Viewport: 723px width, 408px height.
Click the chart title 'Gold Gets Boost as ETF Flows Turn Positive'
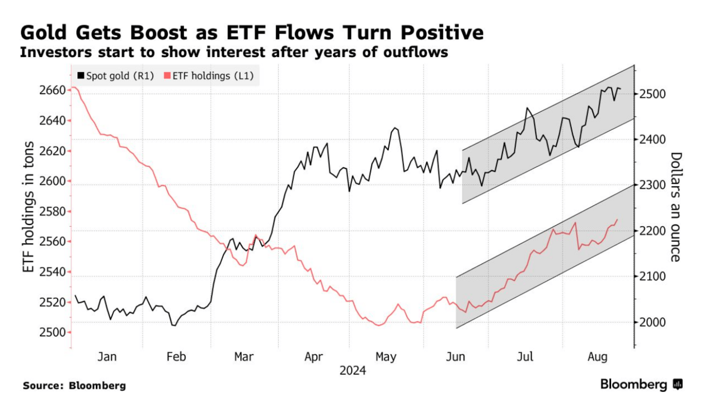point(251,33)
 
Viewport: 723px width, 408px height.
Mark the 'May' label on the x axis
point(386,357)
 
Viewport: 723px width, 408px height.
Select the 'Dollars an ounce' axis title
point(676,207)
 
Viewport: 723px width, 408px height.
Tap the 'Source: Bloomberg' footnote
point(74,386)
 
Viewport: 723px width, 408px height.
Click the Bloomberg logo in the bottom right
point(641,384)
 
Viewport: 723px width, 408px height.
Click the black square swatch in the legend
point(81,76)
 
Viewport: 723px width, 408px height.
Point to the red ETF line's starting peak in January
point(73,87)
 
